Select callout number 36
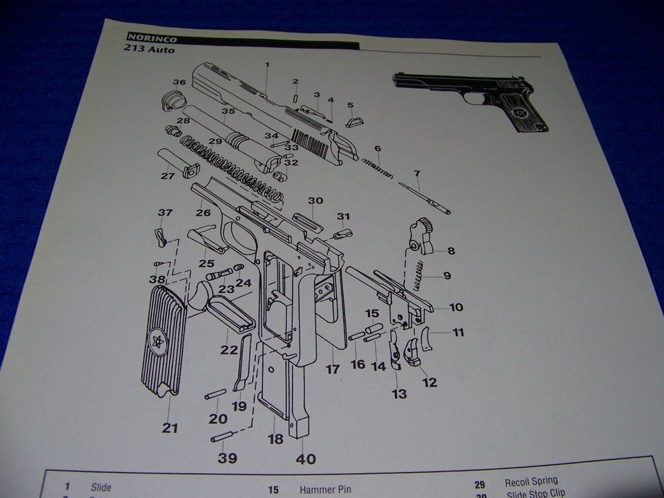click(180, 82)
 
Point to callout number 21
click(170, 428)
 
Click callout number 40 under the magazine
click(305, 459)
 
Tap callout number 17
click(333, 369)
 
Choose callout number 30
click(315, 201)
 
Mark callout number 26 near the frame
click(203, 213)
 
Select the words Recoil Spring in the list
click(531, 481)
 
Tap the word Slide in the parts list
click(100, 487)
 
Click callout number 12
click(430, 382)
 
